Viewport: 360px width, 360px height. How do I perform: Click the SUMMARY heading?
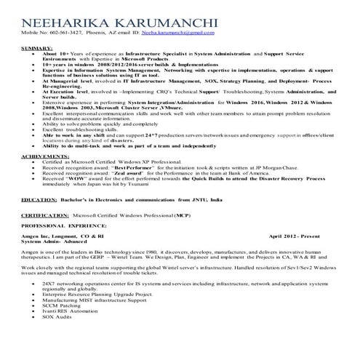coord(33,47)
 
